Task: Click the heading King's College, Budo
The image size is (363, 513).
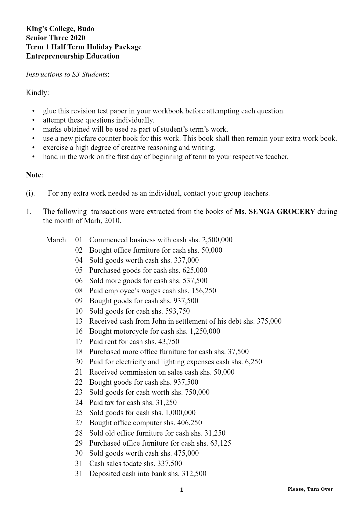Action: tap(60, 29)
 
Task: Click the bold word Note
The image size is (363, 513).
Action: tap(34, 175)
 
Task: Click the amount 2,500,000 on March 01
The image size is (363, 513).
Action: tap(217, 240)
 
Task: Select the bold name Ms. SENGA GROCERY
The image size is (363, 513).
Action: tap(275, 212)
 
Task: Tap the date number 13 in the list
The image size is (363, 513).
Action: tap(79, 321)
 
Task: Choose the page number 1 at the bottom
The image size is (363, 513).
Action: tap(182, 490)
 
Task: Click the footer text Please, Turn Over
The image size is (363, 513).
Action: tap(310, 489)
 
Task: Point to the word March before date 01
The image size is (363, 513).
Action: tap(56, 240)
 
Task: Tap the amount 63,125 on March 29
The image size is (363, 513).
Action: tap(221, 443)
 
